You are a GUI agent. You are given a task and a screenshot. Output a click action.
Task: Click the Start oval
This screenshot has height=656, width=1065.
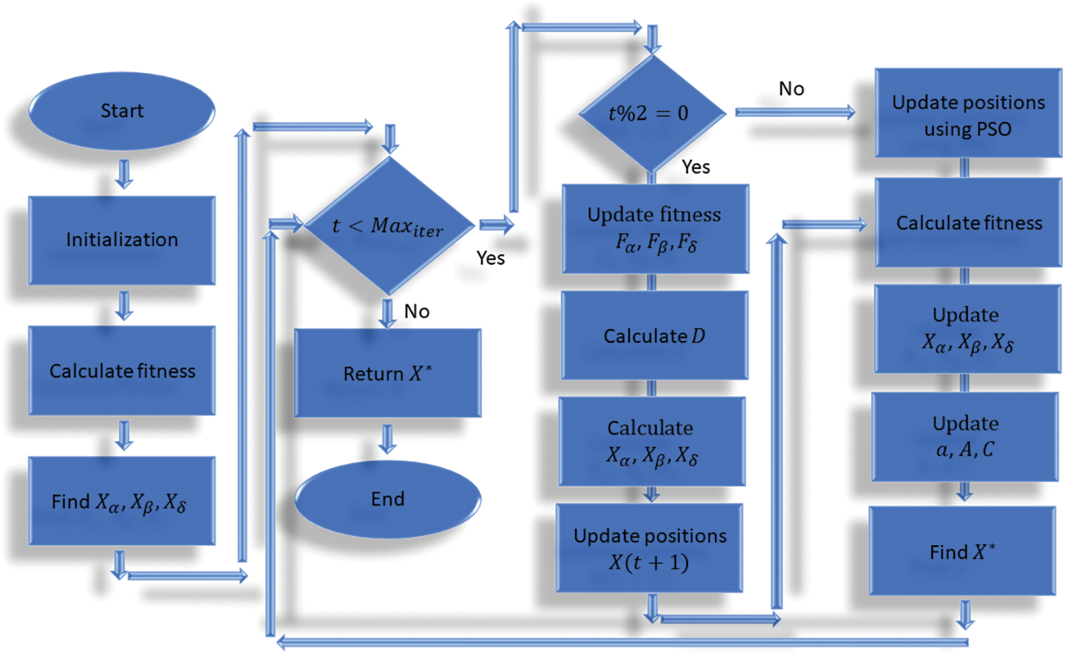tap(122, 111)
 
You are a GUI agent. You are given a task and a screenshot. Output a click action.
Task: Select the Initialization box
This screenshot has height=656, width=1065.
tap(122, 240)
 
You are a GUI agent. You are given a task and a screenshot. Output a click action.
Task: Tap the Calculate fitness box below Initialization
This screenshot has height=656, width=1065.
tap(122, 371)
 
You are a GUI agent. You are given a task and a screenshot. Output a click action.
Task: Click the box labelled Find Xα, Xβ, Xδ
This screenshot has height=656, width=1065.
tap(122, 501)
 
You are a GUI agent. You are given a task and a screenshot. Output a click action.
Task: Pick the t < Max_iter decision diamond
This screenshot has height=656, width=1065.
tap(388, 226)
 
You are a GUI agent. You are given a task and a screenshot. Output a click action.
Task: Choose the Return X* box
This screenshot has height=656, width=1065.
tap(388, 373)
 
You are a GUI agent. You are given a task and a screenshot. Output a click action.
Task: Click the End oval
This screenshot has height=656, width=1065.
tap(388, 499)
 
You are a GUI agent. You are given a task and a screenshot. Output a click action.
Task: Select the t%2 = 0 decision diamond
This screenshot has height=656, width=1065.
tap(651, 113)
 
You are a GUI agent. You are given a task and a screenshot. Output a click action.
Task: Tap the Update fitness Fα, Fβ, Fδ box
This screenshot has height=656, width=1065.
tap(655, 228)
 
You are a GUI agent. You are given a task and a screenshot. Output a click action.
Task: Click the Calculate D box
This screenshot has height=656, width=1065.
tap(654, 335)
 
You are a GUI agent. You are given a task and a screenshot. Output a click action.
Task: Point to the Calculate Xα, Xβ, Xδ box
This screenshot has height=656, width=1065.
tap(652, 441)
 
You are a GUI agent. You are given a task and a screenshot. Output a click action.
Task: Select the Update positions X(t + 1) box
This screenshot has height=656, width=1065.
tap(650, 548)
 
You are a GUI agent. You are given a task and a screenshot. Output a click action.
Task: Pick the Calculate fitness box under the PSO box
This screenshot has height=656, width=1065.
tap(968, 223)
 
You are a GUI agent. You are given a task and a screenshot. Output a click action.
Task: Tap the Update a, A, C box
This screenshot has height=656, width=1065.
tap(966, 437)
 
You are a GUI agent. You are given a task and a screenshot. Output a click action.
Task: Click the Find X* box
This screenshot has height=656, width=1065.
tap(963, 552)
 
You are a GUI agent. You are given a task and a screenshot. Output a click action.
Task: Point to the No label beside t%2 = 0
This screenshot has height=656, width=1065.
tap(792, 89)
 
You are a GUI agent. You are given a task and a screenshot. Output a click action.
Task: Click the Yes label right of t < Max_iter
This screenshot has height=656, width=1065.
tap(491, 258)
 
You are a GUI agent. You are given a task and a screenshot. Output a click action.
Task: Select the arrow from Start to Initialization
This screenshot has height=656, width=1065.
tap(124, 174)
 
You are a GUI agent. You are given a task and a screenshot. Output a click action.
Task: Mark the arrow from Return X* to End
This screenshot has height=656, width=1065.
tap(388, 439)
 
